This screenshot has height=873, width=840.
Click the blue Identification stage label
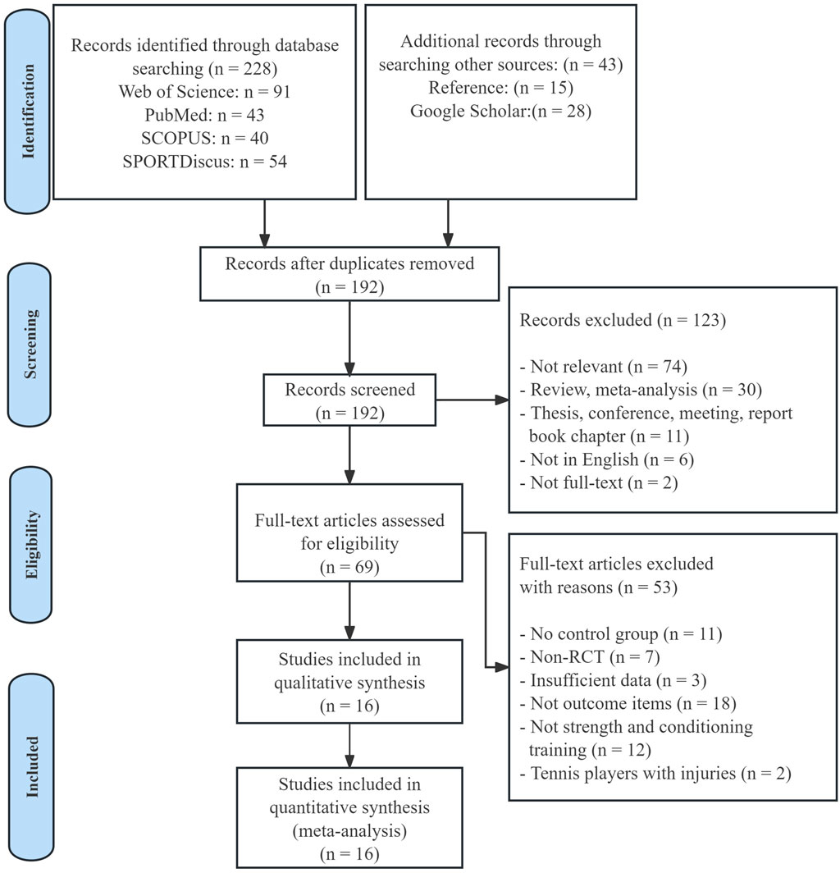coord(27,111)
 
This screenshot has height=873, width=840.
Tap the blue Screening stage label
coord(30,345)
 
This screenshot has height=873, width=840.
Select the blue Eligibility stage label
coord(31,544)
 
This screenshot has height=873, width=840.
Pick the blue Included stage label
coord(32,766)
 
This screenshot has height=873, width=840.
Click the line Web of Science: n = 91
coord(204,91)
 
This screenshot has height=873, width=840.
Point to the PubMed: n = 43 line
coord(204,115)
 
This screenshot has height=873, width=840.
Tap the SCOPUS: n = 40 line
coord(204,138)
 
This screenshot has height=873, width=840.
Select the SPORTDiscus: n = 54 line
coord(204,162)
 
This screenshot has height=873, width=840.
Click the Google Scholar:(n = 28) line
coord(500,111)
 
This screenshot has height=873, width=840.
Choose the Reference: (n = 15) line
coord(500,88)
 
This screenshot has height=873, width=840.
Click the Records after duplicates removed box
coord(349,274)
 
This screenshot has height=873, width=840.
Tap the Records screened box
coord(349,400)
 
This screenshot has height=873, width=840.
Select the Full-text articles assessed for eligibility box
coord(349,532)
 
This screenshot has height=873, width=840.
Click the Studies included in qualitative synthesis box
coord(349,682)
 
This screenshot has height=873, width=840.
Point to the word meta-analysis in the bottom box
coord(349,830)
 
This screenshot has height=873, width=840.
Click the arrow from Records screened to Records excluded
coord(472,400)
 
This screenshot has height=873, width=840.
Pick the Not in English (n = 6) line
coord(607,459)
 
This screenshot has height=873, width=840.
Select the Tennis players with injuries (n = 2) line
coord(655,774)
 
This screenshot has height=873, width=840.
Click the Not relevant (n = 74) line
coord(604,366)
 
